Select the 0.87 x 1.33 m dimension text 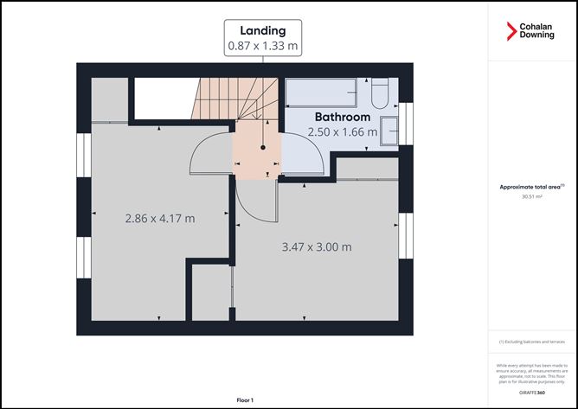(x=263, y=46)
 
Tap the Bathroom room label (x=342, y=117)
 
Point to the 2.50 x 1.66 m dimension (x=343, y=132)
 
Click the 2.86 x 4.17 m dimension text (x=160, y=218)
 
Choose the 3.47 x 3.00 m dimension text (x=317, y=246)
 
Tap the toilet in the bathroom (x=382, y=92)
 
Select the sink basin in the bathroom (x=390, y=126)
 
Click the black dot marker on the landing (x=263, y=148)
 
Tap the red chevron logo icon (x=512, y=31)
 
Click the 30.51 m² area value (x=533, y=197)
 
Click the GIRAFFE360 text (x=533, y=393)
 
